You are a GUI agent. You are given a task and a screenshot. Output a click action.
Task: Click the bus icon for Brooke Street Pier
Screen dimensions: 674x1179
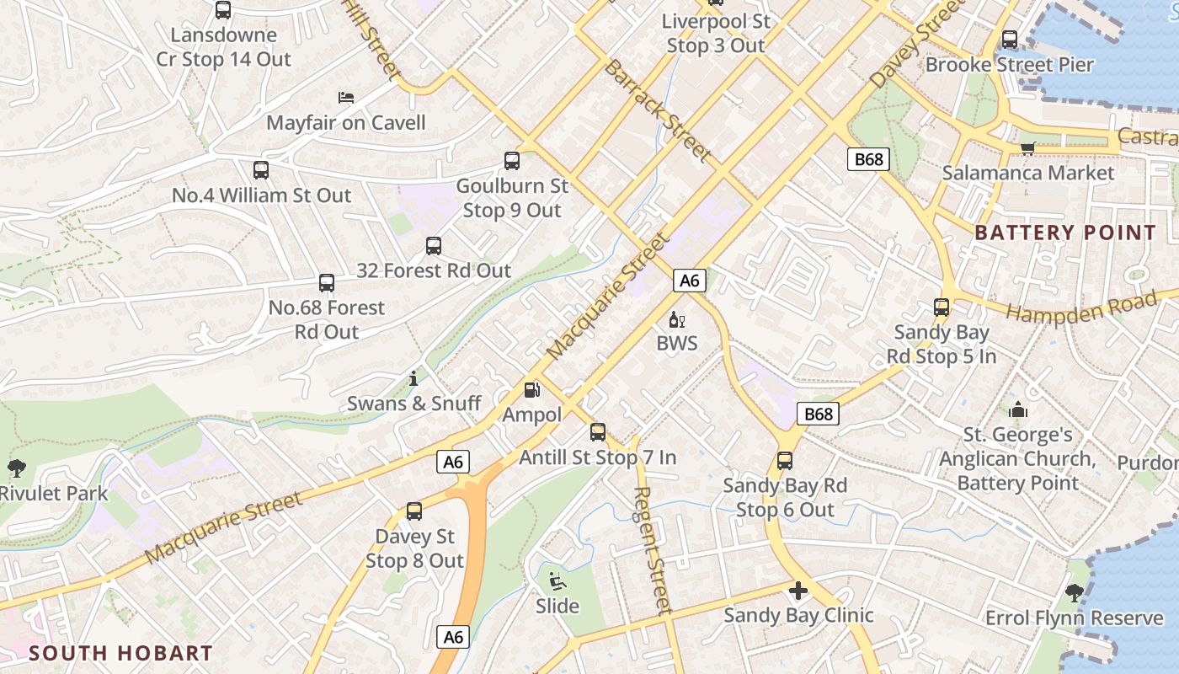coord(1009,40)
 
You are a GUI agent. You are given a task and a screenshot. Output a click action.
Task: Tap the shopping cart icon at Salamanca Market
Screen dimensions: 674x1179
coord(1027,149)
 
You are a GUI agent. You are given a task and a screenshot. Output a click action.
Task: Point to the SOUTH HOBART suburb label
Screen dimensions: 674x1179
coord(121,653)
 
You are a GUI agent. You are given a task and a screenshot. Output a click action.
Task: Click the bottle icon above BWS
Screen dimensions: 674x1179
coord(676,319)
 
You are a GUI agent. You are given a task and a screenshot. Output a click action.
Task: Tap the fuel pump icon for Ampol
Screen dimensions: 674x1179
coord(531,389)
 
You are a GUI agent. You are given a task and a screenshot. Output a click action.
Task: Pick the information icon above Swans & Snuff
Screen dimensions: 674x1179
coord(413,378)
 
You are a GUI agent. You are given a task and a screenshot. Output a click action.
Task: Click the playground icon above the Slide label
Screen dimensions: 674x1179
coord(557,581)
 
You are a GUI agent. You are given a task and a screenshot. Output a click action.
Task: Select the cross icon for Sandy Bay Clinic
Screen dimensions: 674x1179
coord(798,591)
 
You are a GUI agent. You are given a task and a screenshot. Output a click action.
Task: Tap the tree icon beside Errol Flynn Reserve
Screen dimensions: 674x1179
coord(1073,593)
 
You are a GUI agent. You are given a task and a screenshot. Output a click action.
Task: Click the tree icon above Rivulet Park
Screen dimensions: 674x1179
coord(15,468)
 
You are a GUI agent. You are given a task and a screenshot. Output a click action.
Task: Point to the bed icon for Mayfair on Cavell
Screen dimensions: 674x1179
coord(345,98)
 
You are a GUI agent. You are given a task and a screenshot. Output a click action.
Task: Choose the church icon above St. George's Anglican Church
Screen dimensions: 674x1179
coord(1018,410)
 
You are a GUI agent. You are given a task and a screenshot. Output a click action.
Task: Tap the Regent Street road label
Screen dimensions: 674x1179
coord(653,549)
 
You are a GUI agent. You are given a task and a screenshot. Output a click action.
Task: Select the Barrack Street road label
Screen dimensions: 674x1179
coord(657,110)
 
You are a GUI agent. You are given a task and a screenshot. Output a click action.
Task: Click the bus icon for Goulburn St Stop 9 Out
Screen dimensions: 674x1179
coord(511,161)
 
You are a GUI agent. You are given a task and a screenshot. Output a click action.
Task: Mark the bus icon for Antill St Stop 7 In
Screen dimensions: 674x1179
coord(597,432)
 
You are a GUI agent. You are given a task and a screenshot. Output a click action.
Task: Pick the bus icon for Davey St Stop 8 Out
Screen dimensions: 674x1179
coord(413,511)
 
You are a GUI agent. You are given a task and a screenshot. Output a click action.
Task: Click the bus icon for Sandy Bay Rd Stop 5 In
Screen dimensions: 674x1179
coord(941,308)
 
